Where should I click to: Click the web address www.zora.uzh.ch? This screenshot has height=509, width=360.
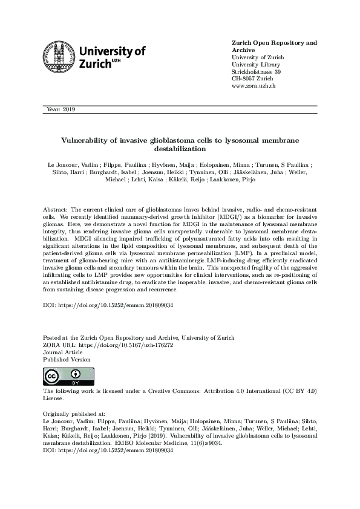254,86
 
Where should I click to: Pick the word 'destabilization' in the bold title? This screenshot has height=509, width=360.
180,148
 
